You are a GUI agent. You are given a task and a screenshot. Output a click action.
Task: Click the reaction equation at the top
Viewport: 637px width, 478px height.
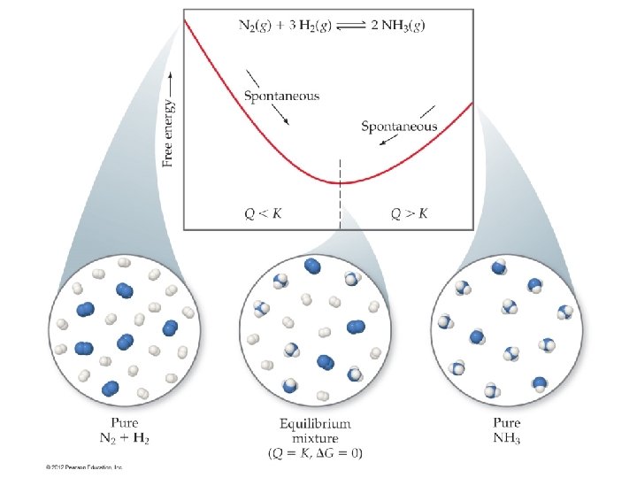(x=331, y=26)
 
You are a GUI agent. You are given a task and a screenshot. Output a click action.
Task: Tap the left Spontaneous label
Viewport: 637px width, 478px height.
(x=280, y=95)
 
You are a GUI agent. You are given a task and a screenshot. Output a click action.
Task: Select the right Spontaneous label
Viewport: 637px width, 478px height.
(x=399, y=126)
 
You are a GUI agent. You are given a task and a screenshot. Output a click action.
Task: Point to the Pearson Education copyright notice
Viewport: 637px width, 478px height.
(x=85, y=466)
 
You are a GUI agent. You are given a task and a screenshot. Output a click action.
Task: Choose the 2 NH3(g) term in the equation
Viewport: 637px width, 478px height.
(x=400, y=26)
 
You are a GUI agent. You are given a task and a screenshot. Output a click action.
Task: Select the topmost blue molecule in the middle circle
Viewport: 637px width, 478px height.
(x=312, y=266)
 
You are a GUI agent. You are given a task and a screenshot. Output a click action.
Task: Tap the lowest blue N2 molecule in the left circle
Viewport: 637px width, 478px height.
(x=111, y=388)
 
